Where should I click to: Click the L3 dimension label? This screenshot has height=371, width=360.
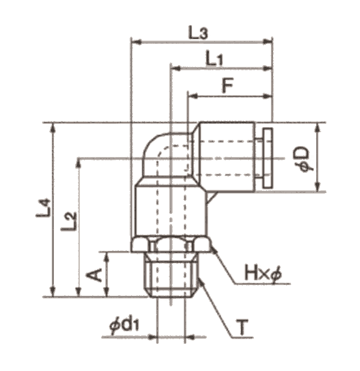coord(198,33)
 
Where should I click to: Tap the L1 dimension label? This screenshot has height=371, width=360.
coord(214,58)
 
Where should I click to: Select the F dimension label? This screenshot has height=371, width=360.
coord(228,85)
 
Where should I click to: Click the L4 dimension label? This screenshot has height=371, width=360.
coord(43,208)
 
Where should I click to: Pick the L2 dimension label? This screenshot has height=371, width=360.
coord(69,221)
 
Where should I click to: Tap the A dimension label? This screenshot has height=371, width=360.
coord(94,275)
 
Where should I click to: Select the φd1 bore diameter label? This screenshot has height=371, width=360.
coord(125,326)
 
